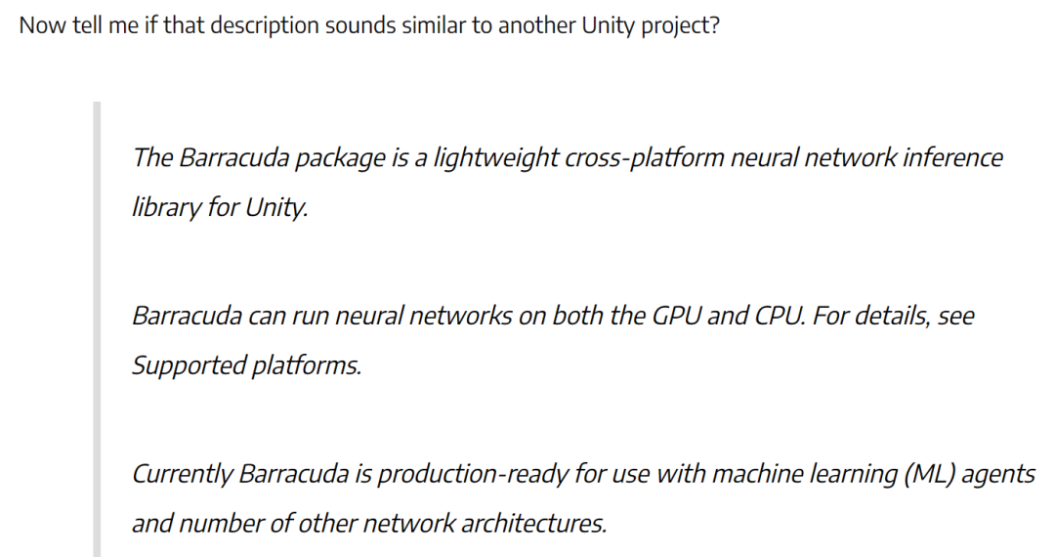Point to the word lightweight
click(495, 158)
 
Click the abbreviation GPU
click(676, 316)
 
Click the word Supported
click(190, 366)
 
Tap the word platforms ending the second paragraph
click(307, 366)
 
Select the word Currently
click(182, 475)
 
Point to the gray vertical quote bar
click(97, 329)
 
